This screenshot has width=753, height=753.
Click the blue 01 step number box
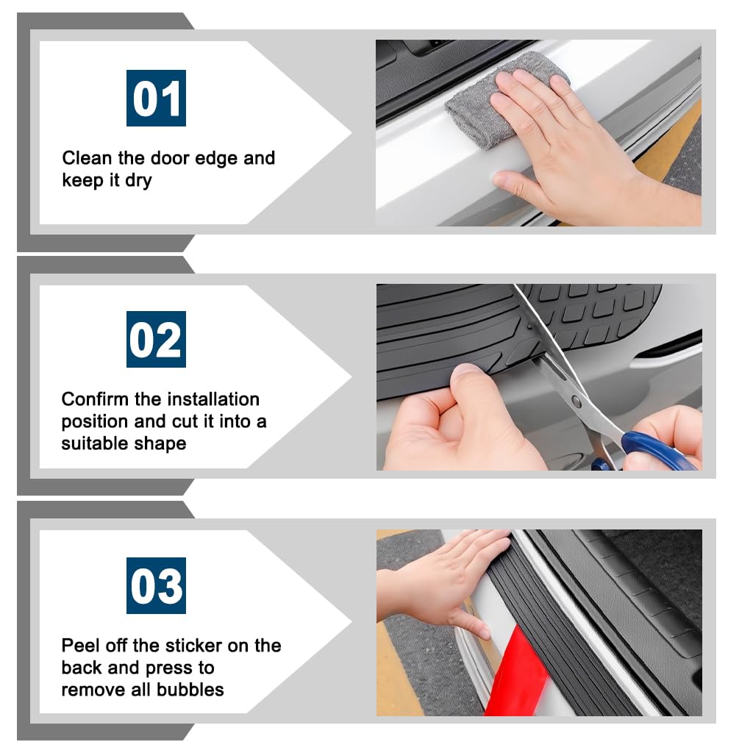coord(156,98)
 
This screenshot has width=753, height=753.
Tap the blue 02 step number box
coord(156,339)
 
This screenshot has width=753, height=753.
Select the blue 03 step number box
coord(156,585)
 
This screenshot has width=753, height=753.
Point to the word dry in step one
coord(138,181)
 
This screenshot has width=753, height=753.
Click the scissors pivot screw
coord(577,402)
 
